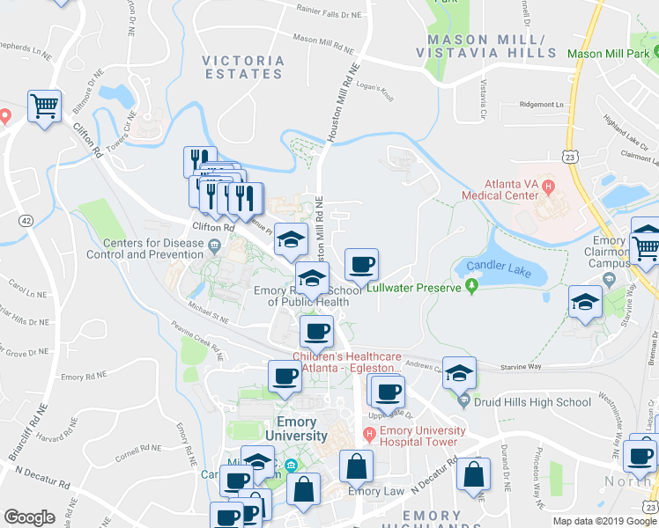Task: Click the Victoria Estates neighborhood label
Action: [x=243, y=69]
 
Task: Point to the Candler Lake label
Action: [x=493, y=270]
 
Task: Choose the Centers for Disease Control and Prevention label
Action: [x=145, y=248]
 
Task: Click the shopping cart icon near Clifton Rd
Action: [x=43, y=107]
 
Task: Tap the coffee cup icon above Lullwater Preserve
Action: [x=361, y=264]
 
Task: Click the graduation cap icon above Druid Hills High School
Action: [x=458, y=373]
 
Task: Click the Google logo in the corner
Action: [x=29, y=517]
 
